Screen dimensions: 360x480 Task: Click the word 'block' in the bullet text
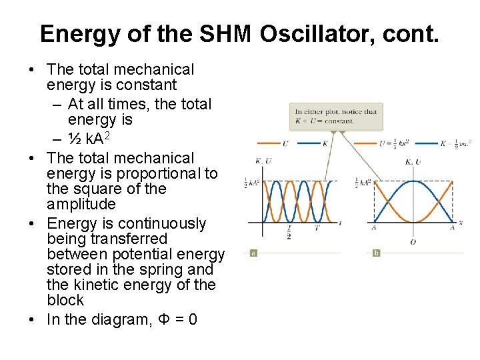(x=65, y=300)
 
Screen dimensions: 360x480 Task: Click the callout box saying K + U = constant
(x=336, y=116)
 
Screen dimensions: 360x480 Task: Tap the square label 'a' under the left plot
(x=253, y=253)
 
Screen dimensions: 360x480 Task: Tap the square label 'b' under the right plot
(x=376, y=253)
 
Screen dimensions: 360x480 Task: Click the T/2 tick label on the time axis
(x=289, y=231)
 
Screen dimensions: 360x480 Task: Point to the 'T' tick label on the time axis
(x=317, y=228)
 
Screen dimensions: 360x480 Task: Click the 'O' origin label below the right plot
(x=413, y=241)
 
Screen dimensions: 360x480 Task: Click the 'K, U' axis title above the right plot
(x=413, y=161)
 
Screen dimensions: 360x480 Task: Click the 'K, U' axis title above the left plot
(x=263, y=161)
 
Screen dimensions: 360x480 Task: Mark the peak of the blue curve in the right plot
(x=413, y=181)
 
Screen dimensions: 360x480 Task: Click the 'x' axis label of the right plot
(x=461, y=222)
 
